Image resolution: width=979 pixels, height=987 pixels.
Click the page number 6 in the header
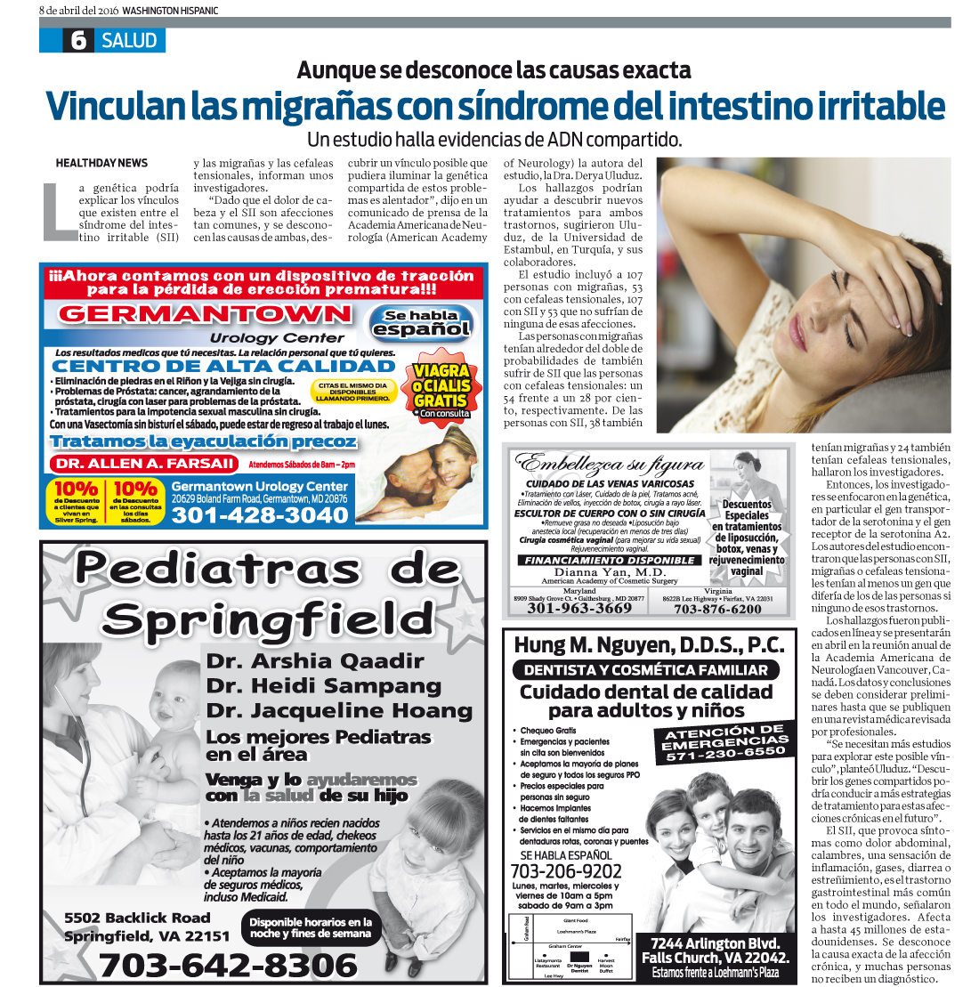click(x=78, y=40)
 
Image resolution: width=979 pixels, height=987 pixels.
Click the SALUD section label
click(x=129, y=40)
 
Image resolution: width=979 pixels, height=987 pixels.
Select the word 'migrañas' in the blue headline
click(x=289, y=106)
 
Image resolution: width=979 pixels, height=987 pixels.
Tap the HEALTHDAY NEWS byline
click(x=101, y=163)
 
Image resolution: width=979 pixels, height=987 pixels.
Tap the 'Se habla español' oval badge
click(x=421, y=322)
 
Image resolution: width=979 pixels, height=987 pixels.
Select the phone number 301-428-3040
click(x=259, y=515)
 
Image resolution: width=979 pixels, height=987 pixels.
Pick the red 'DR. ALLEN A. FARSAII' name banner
click(x=144, y=464)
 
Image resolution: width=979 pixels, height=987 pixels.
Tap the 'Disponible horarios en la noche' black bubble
click(x=310, y=927)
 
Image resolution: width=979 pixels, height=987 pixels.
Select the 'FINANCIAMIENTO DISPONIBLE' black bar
click(x=609, y=561)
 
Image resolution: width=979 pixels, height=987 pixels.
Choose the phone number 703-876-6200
click(x=717, y=609)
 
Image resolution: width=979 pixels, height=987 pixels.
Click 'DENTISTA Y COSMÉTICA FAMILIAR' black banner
click(x=645, y=670)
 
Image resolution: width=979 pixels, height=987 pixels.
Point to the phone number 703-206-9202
click(x=566, y=871)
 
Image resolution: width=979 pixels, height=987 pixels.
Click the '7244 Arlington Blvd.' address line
click(x=716, y=943)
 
